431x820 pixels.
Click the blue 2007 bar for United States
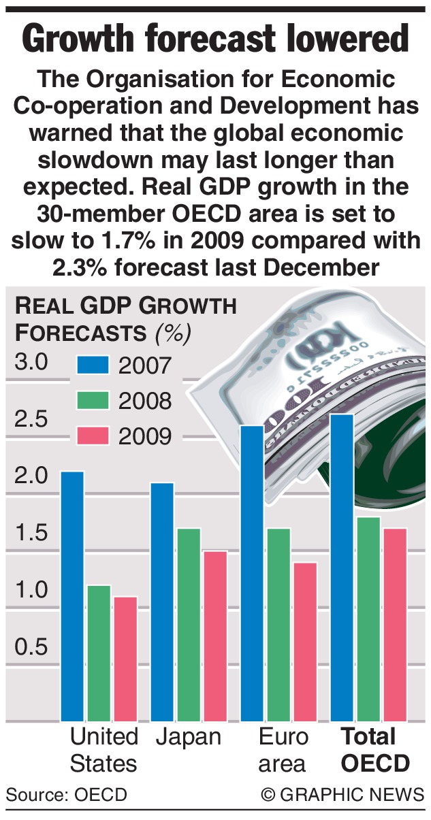(72, 595)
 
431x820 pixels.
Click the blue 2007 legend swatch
(93, 365)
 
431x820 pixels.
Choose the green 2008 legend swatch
(93, 400)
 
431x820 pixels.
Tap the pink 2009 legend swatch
(93, 436)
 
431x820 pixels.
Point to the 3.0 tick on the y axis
(32, 362)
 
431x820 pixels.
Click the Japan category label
(189, 737)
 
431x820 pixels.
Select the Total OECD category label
(375, 749)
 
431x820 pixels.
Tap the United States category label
(103, 749)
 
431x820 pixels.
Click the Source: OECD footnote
(66, 794)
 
